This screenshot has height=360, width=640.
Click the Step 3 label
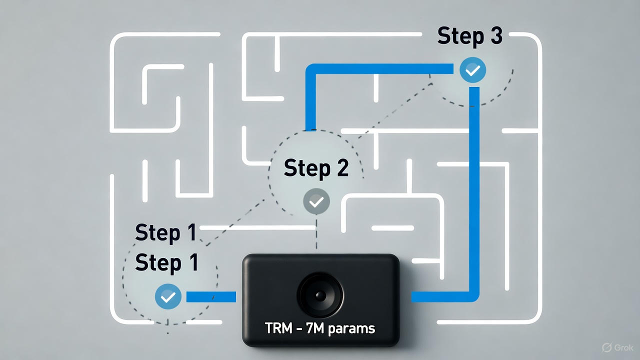pyautogui.click(x=469, y=36)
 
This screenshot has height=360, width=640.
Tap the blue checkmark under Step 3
pyautogui.click(x=472, y=70)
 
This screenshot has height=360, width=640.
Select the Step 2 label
pyautogui.click(x=316, y=168)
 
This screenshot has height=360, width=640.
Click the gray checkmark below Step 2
pyautogui.click(x=316, y=201)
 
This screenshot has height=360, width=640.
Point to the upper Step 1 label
pyautogui.click(x=166, y=233)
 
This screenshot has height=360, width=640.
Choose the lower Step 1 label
pyautogui.click(x=166, y=263)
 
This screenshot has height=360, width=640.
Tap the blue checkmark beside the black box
pyautogui.click(x=168, y=296)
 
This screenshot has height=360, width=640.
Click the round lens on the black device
pyautogui.click(x=320, y=295)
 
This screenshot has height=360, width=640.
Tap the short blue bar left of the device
pyautogui.click(x=210, y=297)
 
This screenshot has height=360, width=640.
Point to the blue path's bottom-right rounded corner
pyautogui.click(x=473, y=296)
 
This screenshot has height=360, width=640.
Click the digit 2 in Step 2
pyautogui.click(x=341, y=168)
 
